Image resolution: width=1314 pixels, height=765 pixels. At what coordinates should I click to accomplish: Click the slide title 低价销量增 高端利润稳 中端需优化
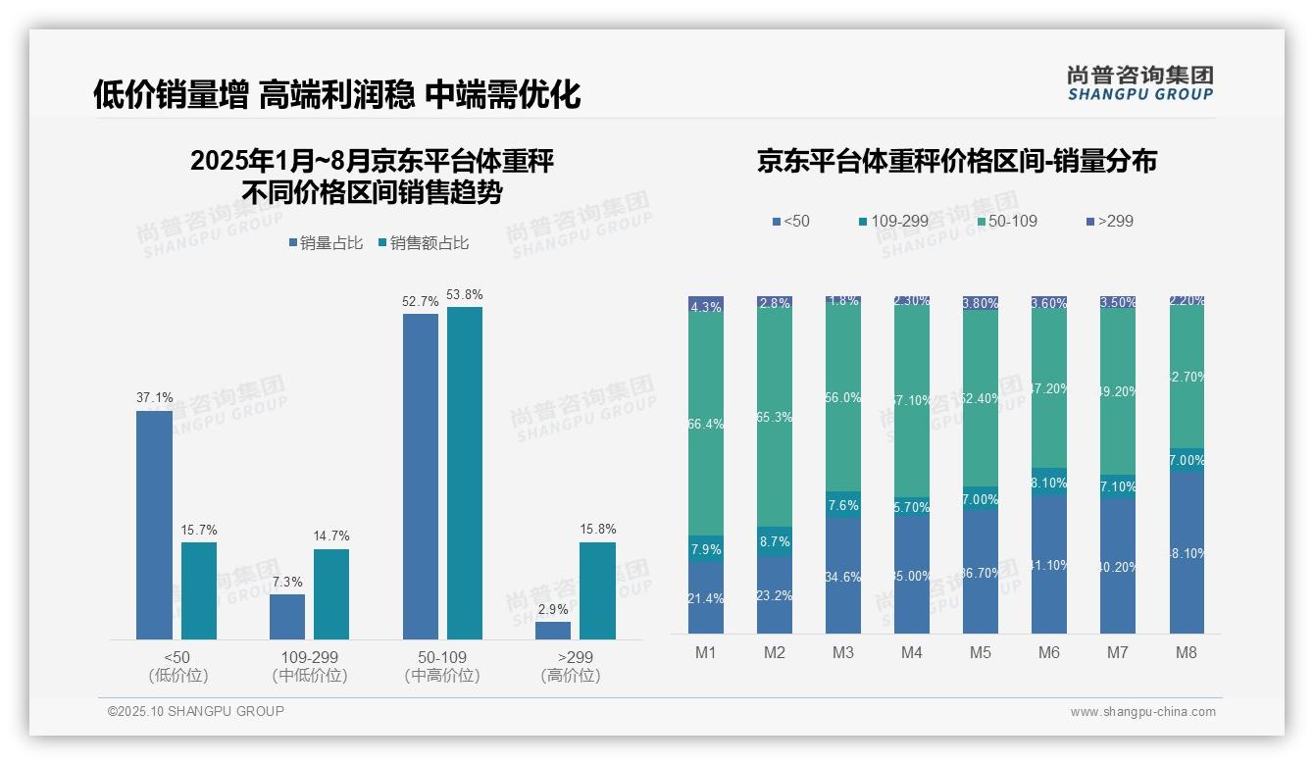pos(336,94)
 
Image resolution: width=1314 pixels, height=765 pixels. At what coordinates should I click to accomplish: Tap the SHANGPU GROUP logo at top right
pos(1139,82)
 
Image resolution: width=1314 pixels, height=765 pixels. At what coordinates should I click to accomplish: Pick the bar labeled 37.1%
pos(154,525)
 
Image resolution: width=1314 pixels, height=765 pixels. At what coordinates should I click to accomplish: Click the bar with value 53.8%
pos(465,473)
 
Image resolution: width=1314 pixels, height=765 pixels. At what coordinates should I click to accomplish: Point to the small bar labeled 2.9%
pos(553,631)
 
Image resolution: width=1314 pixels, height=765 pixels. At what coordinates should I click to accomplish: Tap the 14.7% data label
pos(331,535)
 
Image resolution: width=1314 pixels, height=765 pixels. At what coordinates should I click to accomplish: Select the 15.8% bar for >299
pos(597,590)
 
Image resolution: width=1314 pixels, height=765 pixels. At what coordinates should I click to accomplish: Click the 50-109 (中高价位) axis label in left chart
pos(442,666)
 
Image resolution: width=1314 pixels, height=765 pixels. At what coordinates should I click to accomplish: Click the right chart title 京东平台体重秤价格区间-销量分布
pos(956,162)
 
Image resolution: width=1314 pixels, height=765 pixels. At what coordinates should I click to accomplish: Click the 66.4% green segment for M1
pos(706,424)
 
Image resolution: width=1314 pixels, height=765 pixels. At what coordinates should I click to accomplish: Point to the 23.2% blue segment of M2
pos(775,595)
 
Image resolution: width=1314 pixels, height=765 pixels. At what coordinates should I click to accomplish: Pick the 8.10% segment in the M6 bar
pos(1049,482)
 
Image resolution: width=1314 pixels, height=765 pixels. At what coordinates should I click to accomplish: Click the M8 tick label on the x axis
pos(1186,653)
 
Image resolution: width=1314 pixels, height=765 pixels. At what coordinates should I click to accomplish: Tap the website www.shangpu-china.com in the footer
pos(1142,712)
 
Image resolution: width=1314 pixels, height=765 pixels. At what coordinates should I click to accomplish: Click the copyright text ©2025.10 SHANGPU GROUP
pos(195,712)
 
